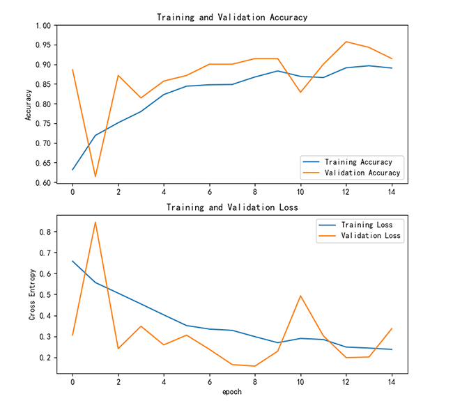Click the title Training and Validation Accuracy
click(232, 17)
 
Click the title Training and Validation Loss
click(232, 207)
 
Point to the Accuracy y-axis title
click(29, 104)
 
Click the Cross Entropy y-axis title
click(32, 295)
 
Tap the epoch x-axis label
click(232, 392)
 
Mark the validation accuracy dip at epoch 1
click(95, 177)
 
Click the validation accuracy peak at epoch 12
click(346, 42)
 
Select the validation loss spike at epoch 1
click(95, 222)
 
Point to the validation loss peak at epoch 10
click(300, 296)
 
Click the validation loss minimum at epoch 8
click(255, 366)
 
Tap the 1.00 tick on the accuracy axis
click(43, 26)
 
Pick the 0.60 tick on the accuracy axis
click(43, 183)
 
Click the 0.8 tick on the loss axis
click(45, 232)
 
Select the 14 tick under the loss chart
click(392, 382)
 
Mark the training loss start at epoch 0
click(72, 261)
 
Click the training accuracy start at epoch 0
click(72, 170)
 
